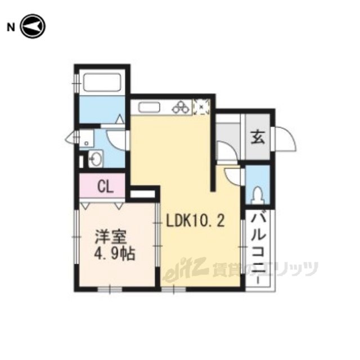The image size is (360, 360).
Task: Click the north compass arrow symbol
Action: (x=33, y=26)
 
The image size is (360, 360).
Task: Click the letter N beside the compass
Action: (x=11, y=28)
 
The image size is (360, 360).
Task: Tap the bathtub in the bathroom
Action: (x=102, y=82)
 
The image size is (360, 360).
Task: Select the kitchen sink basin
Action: (x=149, y=107)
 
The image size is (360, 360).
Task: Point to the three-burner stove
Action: (x=181, y=107)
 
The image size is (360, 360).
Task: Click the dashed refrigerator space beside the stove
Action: (x=201, y=107)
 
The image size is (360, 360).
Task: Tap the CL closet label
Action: (x=105, y=187)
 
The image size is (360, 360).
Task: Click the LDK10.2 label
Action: (x=195, y=222)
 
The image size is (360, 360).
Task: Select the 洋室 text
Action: (x=111, y=237)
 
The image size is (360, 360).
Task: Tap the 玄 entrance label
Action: (x=258, y=137)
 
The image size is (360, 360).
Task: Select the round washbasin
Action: (x=95, y=159)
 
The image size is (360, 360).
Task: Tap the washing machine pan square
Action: (x=87, y=138)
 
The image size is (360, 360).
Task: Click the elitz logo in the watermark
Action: (x=185, y=269)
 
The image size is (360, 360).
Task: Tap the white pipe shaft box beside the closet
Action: (x=142, y=193)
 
